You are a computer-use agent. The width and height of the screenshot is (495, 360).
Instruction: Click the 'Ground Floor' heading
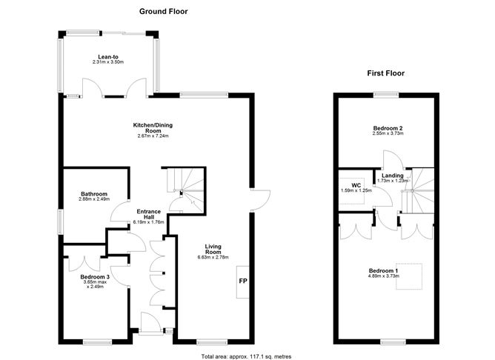[163, 11]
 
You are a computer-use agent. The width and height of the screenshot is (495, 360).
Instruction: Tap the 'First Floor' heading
[385, 73]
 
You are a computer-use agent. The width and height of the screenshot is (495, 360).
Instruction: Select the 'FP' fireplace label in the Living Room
[243, 281]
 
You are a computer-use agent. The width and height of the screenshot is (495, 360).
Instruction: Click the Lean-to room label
[108, 57]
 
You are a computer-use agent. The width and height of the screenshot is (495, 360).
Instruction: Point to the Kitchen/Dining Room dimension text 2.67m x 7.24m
[153, 136]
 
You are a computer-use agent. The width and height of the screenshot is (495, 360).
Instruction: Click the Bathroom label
[94, 194]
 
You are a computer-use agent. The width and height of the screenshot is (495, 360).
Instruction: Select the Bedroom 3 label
[95, 277]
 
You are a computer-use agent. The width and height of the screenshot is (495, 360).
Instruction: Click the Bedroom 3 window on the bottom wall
[97, 342]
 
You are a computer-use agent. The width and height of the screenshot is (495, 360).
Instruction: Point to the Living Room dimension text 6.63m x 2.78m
[213, 257]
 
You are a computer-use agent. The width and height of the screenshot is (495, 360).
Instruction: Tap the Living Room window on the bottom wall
[212, 342]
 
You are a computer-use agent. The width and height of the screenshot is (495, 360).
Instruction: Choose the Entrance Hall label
[149, 214]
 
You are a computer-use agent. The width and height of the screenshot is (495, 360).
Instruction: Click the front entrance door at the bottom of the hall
[151, 321]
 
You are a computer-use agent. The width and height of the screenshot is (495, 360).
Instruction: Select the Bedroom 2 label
[388, 128]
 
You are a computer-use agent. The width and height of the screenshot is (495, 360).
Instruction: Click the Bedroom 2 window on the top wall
[386, 94]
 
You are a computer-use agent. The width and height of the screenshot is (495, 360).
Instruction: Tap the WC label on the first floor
[356, 185]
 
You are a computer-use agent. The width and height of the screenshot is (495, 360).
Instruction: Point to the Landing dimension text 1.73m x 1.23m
[393, 181]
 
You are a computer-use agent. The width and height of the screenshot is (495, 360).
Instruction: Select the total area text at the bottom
[246, 356]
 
